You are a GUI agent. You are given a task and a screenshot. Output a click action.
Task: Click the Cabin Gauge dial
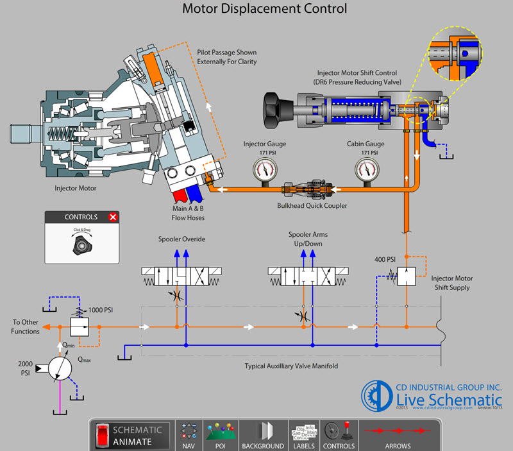[x=366, y=169]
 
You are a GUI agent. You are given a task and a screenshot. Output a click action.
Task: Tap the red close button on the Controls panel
[x=114, y=217]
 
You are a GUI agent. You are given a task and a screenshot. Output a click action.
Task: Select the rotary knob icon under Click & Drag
[x=81, y=244]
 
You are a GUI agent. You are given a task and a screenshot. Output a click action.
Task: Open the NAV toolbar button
[x=189, y=436]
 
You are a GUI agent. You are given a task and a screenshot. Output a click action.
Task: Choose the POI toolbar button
[x=219, y=436]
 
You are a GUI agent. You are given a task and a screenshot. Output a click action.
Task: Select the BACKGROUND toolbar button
[x=262, y=436]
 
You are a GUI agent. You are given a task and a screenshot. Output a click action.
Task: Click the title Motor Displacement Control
[x=264, y=9]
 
